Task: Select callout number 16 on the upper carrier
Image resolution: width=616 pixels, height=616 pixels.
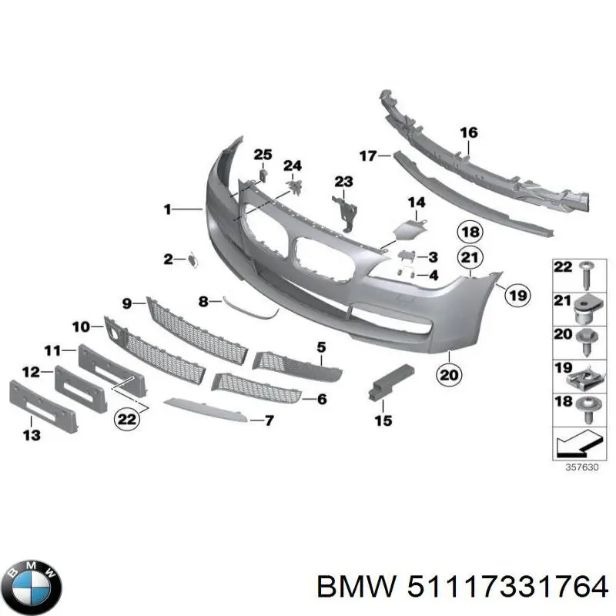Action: [x=469, y=133]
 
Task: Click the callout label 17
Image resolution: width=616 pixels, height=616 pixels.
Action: [x=367, y=156]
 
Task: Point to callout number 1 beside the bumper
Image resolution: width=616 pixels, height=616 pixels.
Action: [x=167, y=209]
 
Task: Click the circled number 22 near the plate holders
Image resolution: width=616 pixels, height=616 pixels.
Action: [x=125, y=419]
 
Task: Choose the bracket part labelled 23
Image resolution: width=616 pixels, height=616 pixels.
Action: [x=343, y=209]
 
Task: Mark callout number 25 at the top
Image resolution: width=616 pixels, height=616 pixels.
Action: [x=263, y=156]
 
